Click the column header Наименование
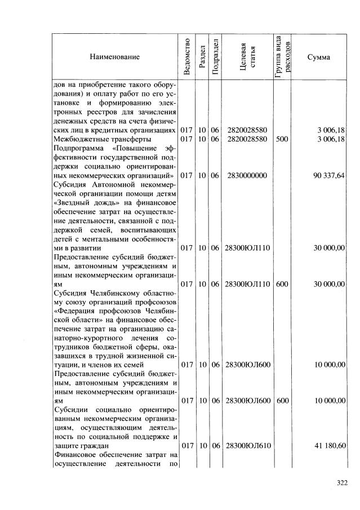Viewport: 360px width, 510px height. point(114,57)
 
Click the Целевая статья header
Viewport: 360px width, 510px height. point(247,57)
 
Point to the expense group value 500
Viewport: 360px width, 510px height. point(282,139)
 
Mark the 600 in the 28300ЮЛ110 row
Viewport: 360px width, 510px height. point(282,284)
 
